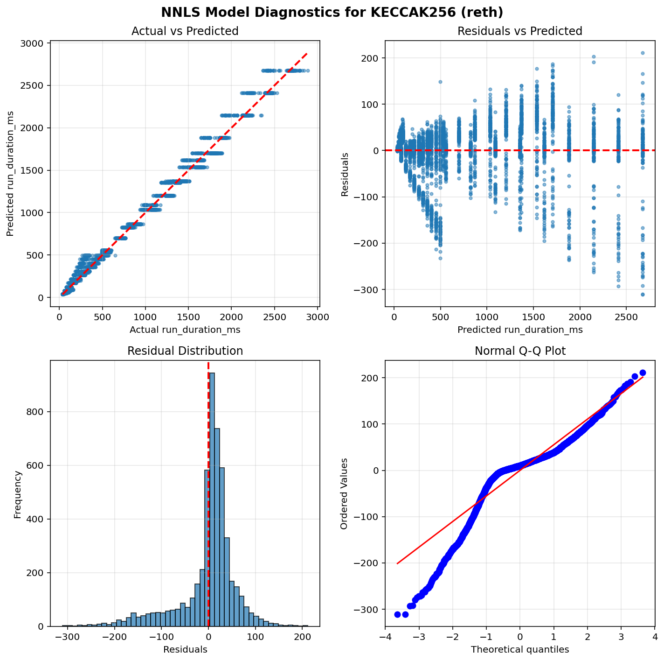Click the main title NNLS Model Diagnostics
coord(332,12)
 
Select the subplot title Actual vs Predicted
coord(185,31)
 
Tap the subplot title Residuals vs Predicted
coord(520,31)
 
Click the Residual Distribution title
coord(185,351)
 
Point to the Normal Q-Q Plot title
coord(520,351)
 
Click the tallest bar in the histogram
coord(212,499)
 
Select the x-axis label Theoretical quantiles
coord(520,649)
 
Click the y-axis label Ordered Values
coord(344,493)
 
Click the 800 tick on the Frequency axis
coord(38,412)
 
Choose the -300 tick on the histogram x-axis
coord(68,637)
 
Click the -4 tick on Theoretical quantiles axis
coord(385,637)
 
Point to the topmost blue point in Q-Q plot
coord(643,373)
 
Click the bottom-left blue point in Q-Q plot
coord(397,614)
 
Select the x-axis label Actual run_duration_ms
coord(185,330)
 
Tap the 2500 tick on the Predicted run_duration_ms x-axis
coord(626,317)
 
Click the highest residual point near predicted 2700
coord(643,53)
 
